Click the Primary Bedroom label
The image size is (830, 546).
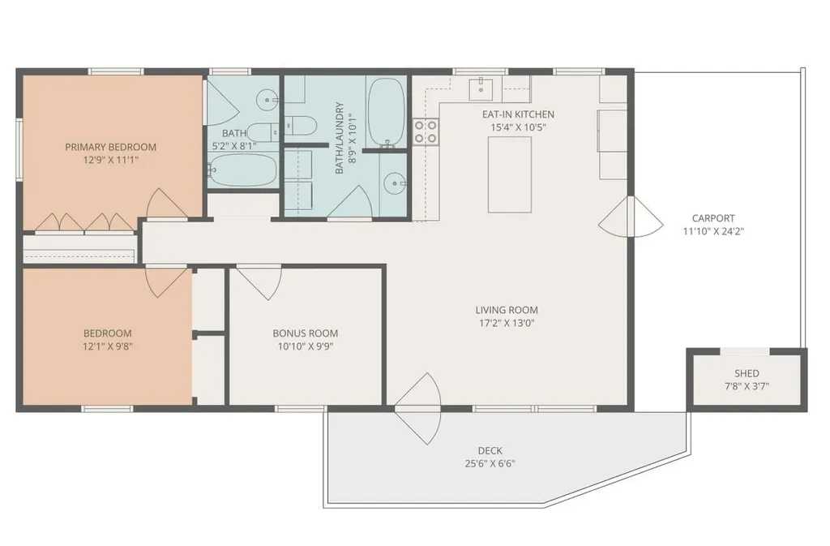tap(110, 147)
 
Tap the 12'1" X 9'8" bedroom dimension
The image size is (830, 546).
tap(108, 346)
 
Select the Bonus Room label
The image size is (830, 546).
tap(306, 333)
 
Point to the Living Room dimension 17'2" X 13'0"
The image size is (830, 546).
tap(507, 323)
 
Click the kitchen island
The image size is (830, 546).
tap(510, 174)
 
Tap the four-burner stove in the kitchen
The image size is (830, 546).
tap(426, 132)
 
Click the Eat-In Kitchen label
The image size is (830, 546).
tap(518, 114)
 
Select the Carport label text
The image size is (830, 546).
tap(713, 218)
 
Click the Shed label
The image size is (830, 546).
tap(747, 373)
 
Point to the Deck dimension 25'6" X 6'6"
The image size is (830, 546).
tap(490, 463)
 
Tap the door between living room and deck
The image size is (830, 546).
tap(418, 408)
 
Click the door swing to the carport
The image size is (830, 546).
tap(631, 217)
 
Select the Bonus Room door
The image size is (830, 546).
tap(259, 282)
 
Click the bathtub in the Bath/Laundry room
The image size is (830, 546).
tap(387, 112)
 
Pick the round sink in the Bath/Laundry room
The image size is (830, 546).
tap(395, 184)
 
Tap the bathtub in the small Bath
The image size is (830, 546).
tap(242, 170)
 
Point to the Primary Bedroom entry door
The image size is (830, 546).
tap(167, 204)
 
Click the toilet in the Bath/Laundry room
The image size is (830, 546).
tap(301, 125)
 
